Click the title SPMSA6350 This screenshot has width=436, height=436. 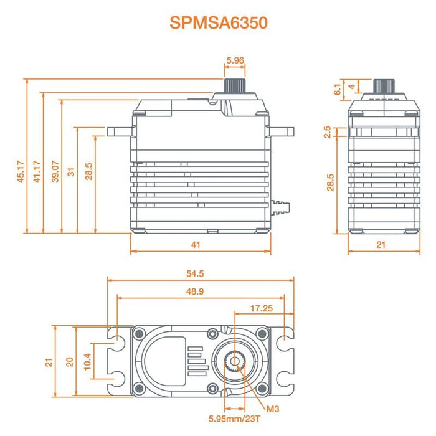pyautogui.click(x=218, y=23)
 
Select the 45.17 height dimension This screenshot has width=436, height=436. pyautogui.click(x=21, y=172)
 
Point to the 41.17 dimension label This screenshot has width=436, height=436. pyautogui.click(x=37, y=172)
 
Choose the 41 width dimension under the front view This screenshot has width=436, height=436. pyautogui.click(x=196, y=245)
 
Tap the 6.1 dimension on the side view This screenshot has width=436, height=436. pyautogui.click(x=337, y=89)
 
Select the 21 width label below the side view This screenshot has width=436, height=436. pyautogui.click(x=381, y=245)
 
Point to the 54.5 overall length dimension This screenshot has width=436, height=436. pyautogui.click(x=196, y=273)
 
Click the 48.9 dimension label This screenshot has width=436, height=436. pyautogui.click(x=196, y=291)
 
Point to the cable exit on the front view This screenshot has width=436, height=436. pyautogui.click(x=282, y=206)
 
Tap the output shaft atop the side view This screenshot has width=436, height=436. pyautogui.click(x=381, y=86)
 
